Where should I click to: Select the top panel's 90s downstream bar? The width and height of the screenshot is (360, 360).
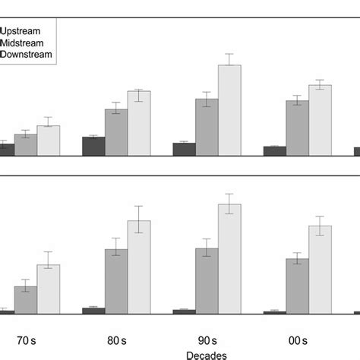tap(229, 110)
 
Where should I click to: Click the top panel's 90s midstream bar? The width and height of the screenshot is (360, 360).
tap(207, 127)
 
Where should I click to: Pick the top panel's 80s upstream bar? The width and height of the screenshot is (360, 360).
tap(93, 147)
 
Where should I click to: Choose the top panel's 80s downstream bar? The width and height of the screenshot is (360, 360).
tap(139, 123)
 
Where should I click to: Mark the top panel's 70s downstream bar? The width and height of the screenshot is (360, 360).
tap(49, 141)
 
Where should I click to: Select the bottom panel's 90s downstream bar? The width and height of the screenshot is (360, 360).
tap(229, 258)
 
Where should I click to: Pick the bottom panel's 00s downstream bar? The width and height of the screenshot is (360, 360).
tap(320, 269)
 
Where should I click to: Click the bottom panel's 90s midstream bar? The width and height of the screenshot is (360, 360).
tap(207, 280)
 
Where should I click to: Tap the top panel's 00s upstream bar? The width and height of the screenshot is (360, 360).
tap(275, 151)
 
